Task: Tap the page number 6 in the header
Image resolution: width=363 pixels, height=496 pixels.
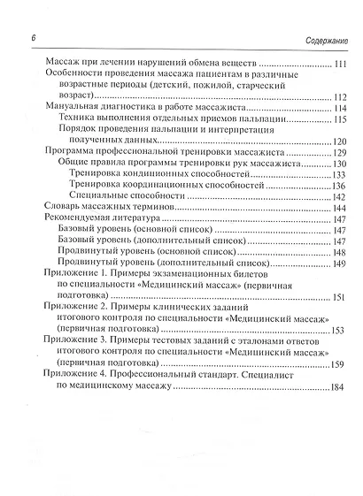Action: click(33, 39)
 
